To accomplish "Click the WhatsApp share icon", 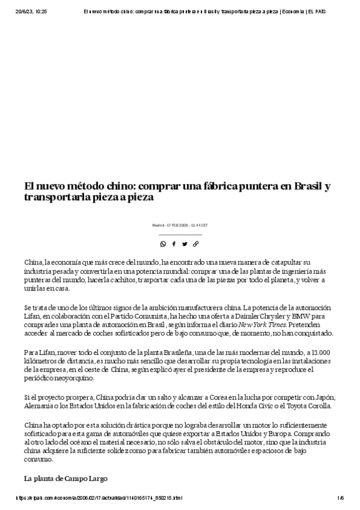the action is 163,244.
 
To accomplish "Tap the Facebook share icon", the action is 174,244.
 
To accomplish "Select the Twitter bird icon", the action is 185,244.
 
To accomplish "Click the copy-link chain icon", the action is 196,244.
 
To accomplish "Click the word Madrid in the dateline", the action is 158,225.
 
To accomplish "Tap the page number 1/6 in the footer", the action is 340,498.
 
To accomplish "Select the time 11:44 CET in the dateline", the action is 200,225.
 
